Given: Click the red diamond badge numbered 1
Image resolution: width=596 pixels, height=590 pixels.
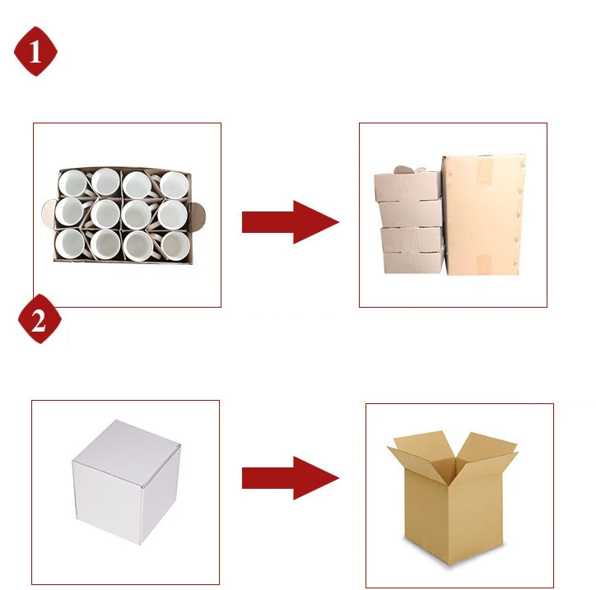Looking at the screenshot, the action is (x=35, y=51).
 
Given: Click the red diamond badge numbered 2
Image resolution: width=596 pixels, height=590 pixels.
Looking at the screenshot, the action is (x=40, y=318).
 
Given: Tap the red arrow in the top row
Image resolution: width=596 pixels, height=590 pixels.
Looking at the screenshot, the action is (x=291, y=222).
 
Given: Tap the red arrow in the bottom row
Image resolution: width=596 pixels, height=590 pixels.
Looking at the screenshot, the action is (x=291, y=478).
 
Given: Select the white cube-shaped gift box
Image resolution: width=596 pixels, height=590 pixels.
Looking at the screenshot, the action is (x=126, y=481).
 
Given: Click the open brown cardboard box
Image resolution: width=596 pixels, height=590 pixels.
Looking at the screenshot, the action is (x=452, y=498).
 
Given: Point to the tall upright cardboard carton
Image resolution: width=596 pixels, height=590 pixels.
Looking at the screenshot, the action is (x=483, y=215).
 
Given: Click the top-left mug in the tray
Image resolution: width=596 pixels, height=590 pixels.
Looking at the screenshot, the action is (x=72, y=184).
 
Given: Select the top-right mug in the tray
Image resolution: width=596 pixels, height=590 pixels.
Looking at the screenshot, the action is (x=174, y=185).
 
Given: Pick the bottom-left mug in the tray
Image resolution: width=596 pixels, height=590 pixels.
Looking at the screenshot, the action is (x=70, y=244).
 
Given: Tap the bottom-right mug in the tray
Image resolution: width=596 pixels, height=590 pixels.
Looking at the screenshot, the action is (x=175, y=246).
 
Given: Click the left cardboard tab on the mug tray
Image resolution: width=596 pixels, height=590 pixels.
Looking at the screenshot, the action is (x=49, y=214).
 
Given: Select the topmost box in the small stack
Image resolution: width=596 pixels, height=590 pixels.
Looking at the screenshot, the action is (x=407, y=186).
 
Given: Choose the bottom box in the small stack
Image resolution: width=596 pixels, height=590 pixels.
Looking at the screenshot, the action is (x=414, y=262).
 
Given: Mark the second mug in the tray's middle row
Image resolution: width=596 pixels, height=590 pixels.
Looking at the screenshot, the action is (x=105, y=213).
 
